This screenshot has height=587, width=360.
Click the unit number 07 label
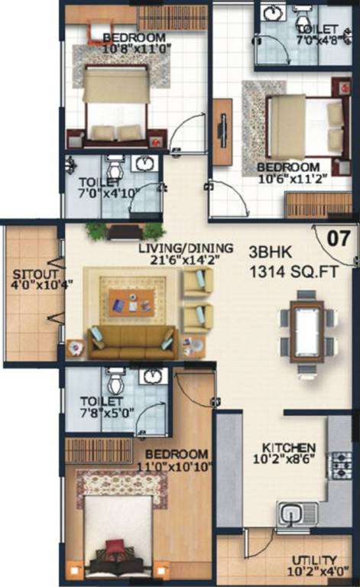coord(339,238)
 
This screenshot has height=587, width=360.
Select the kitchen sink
coord(297,514)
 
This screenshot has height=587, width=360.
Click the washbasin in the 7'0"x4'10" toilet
coord(144,163)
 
